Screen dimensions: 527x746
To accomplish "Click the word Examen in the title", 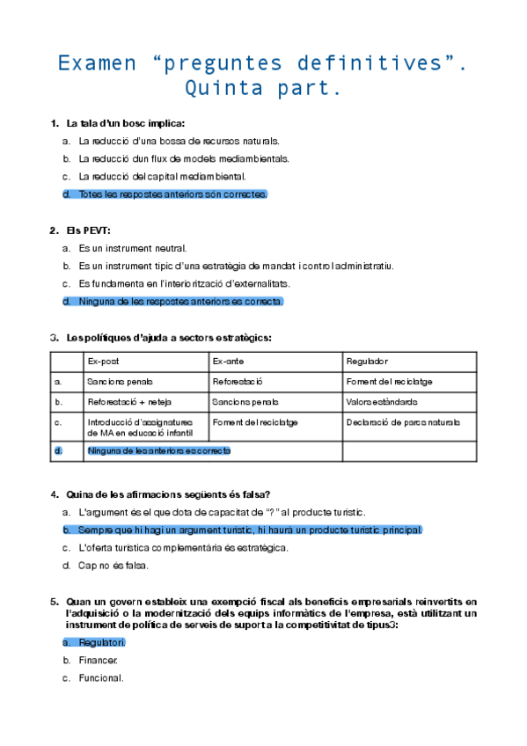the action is pyautogui.click(x=97, y=63).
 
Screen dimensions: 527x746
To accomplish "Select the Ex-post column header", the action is pyautogui.click(x=103, y=362).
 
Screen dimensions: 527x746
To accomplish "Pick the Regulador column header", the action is pyautogui.click(x=368, y=362).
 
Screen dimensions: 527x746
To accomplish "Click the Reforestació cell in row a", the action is pyautogui.click(x=238, y=382).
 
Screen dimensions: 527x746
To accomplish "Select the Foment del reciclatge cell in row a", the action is pyautogui.click(x=389, y=382).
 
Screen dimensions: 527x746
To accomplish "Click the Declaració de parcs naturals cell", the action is pyautogui.click(x=403, y=423).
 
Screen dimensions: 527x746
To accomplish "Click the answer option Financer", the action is pyautogui.click(x=98, y=660).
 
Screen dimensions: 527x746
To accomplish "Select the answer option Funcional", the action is pyautogui.click(x=101, y=677).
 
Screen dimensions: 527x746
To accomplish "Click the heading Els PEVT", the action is pyautogui.click(x=88, y=230).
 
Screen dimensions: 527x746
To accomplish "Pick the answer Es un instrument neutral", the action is pyautogui.click(x=132, y=248).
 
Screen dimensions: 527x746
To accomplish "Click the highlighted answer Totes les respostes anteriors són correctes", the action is pyautogui.click(x=172, y=194).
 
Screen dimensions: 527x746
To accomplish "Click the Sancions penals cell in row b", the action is pyautogui.click(x=245, y=402).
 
